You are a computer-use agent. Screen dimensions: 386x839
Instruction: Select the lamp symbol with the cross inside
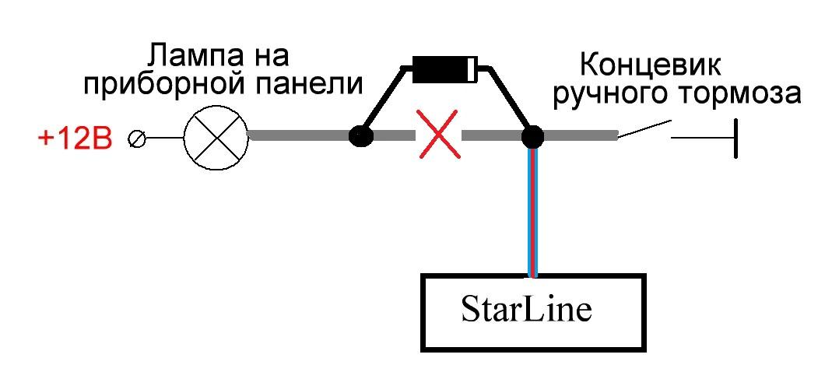[215, 138]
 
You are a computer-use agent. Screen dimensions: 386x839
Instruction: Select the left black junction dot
[360, 137]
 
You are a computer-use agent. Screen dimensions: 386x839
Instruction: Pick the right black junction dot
[532, 137]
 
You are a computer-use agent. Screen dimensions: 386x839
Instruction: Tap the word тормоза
[735, 93]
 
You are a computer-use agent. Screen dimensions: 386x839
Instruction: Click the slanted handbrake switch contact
[644, 129]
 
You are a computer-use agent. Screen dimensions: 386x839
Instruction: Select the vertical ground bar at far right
[734, 138]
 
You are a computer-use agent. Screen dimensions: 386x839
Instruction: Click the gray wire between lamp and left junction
[299, 136]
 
